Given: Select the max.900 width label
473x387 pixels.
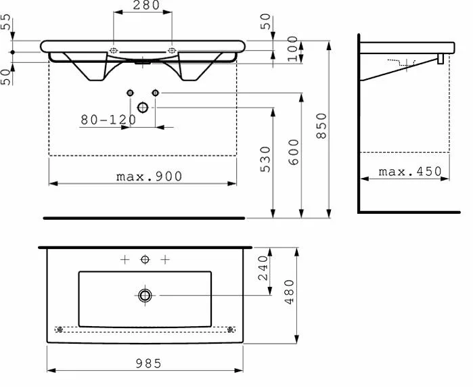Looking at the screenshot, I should click(x=148, y=177).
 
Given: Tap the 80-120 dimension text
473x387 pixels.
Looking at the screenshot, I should click(x=108, y=120).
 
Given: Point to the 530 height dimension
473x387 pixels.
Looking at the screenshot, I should click(x=266, y=160).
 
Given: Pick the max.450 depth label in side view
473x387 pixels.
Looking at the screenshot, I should click(x=409, y=172).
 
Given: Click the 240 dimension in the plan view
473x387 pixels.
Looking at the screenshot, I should click(x=263, y=269).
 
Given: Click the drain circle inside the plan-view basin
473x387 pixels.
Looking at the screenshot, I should click(x=145, y=295).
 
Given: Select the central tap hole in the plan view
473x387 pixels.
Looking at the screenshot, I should click(x=144, y=259).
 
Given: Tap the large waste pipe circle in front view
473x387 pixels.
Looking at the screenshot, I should click(x=143, y=107).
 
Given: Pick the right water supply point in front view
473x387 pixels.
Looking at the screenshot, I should click(x=155, y=92).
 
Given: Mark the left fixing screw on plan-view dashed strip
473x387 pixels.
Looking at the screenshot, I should click(x=60, y=329).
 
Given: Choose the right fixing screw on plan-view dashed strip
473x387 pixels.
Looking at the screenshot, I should click(x=231, y=329).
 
